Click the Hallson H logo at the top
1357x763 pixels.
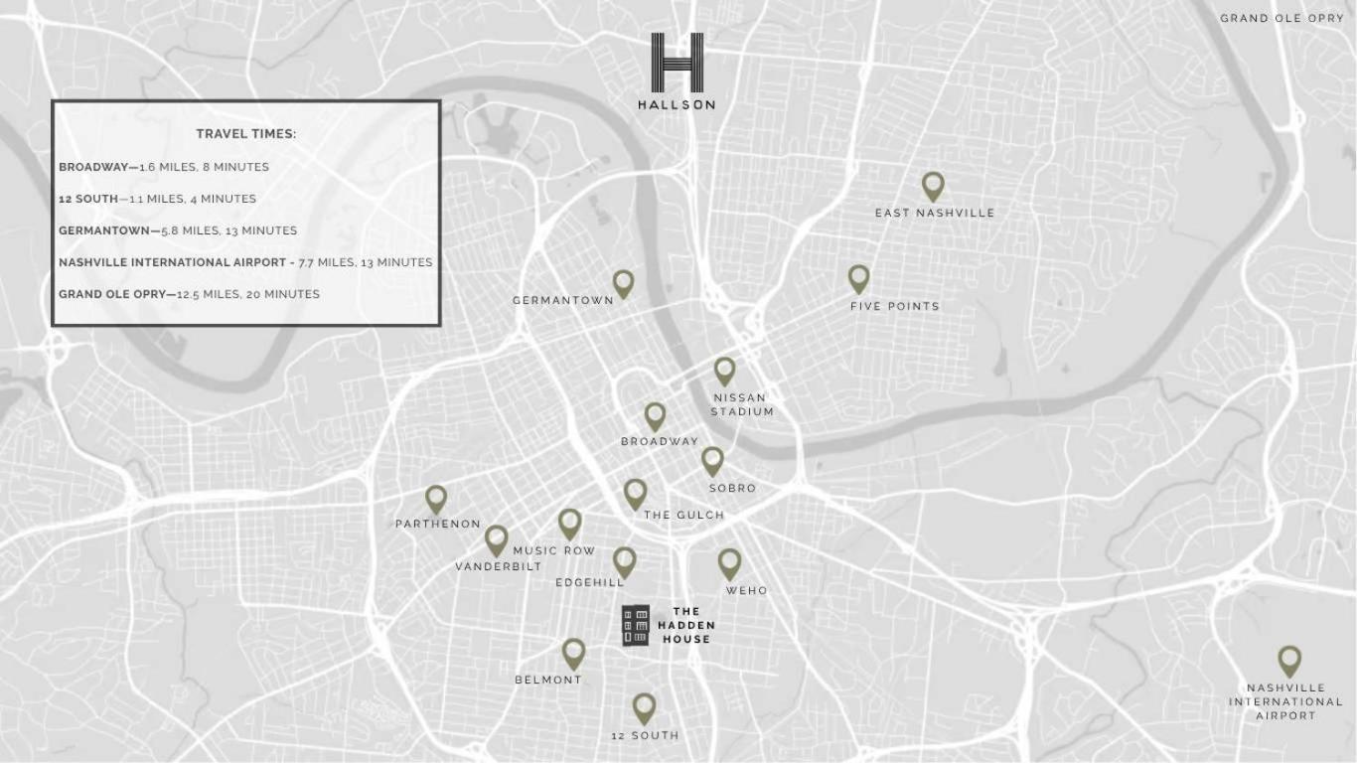coord(677,63)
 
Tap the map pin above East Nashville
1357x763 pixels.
coord(932,185)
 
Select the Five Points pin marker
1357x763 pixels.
coord(858,278)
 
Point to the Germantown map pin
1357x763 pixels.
coord(623,283)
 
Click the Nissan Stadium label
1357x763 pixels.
coord(741,404)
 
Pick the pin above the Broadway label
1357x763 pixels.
coord(655,415)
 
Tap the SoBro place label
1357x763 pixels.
coord(732,488)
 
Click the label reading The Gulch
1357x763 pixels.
coord(683,515)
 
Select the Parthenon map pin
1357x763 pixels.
coord(436,499)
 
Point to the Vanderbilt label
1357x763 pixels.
coord(499,566)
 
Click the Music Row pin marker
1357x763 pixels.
coord(569,523)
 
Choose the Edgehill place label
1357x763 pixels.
coord(590,582)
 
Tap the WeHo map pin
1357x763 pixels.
coord(729,562)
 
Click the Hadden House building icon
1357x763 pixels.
coord(636,626)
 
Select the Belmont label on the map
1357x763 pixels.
coord(548,680)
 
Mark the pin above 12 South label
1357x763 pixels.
coord(644,707)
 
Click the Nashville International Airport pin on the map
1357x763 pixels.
coord(1288,660)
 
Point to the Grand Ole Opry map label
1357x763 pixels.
coord(1282,18)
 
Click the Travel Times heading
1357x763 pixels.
coord(246,134)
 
